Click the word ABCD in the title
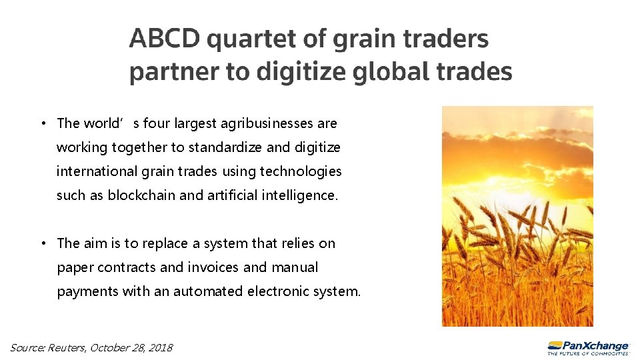click(x=164, y=39)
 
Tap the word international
click(x=97, y=171)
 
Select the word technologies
click(x=301, y=171)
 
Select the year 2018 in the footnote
click(x=161, y=347)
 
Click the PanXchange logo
click(x=588, y=347)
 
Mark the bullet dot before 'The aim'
click(x=42, y=243)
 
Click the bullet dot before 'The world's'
click(x=42, y=123)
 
